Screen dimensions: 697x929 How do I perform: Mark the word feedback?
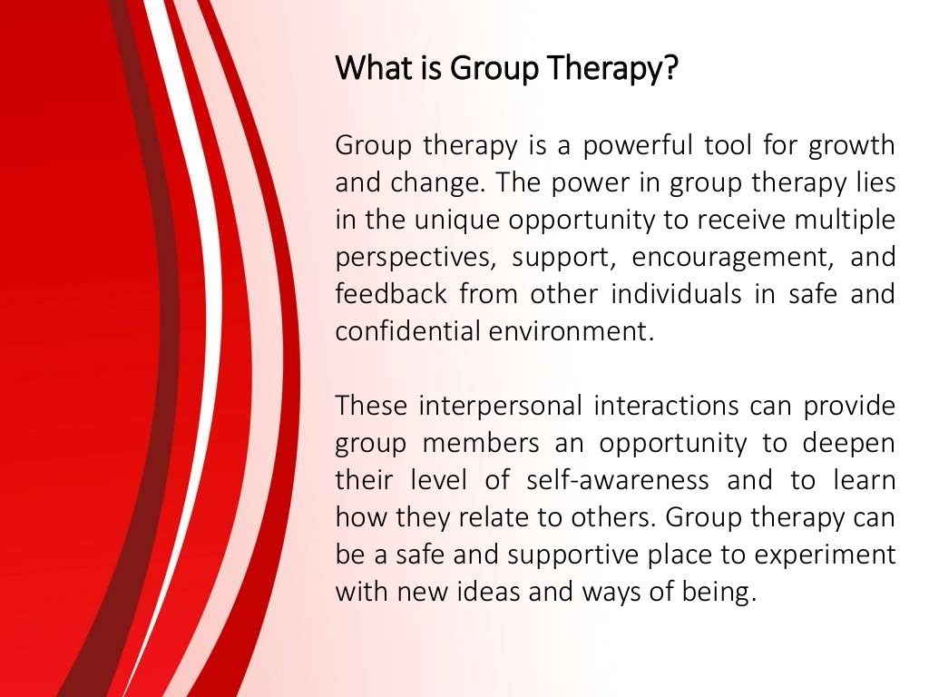click(391, 295)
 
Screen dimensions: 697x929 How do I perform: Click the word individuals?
click(663, 295)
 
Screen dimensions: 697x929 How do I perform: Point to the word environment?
click(570, 332)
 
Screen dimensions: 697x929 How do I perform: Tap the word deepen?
click(848, 443)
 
